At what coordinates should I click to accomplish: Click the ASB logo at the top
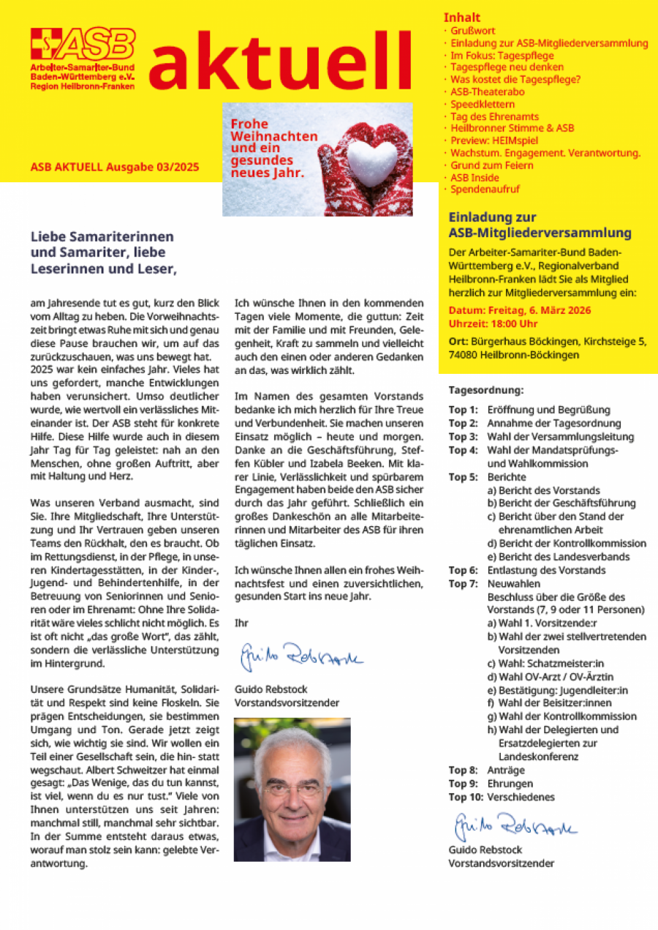coord(83,45)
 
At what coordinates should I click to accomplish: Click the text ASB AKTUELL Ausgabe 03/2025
coord(115,167)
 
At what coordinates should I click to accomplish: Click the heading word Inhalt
coord(462,17)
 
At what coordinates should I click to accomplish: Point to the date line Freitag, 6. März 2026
coord(520,310)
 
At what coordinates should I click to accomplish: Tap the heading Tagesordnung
coord(485,391)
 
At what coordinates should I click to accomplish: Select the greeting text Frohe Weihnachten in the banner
coord(273,131)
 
